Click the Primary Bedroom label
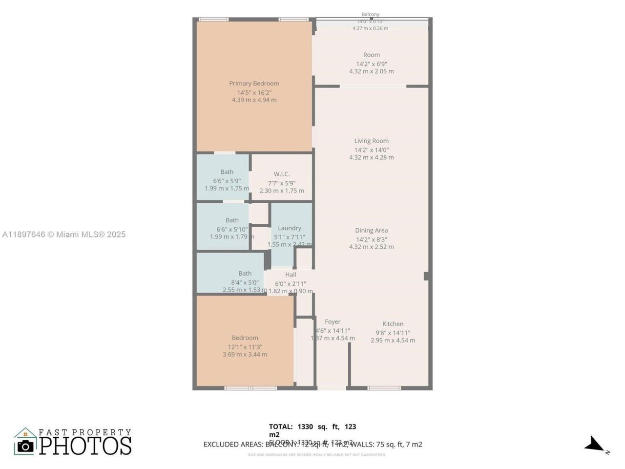(x=254, y=84)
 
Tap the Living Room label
(x=371, y=141)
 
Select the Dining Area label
(x=371, y=231)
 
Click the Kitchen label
(x=393, y=324)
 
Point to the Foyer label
(x=333, y=322)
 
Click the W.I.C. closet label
(x=281, y=174)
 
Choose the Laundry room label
(x=289, y=228)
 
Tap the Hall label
(x=291, y=275)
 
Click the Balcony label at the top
(x=370, y=15)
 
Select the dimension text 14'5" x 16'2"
(x=254, y=92)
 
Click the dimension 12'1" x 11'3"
(x=245, y=347)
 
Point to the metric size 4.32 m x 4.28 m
(x=371, y=157)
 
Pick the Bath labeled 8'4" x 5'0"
(x=245, y=274)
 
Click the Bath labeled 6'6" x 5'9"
(x=227, y=172)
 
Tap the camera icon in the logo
(x=25, y=446)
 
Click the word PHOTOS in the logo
(x=85, y=446)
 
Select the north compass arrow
(x=595, y=444)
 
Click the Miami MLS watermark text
(x=63, y=234)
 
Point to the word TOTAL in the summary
(x=281, y=426)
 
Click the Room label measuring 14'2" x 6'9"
(x=371, y=55)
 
